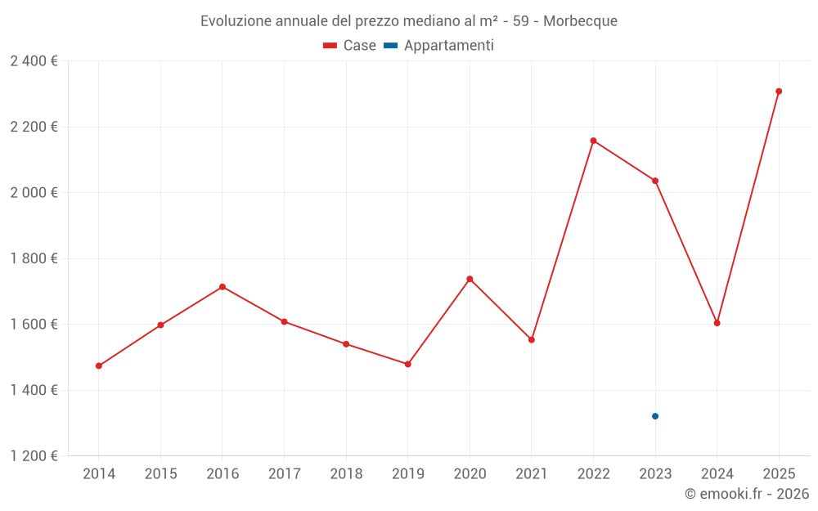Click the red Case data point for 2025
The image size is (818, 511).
pyautogui.click(x=779, y=92)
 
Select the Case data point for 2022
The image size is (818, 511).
pyautogui.click(x=593, y=141)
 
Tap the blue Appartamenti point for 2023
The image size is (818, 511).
pyautogui.click(x=655, y=416)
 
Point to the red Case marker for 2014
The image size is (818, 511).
pyautogui.click(x=99, y=365)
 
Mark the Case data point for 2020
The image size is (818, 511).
pyautogui.click(x=470, y=279)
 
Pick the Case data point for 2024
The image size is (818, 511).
pyautogui.click(x=717, y=323)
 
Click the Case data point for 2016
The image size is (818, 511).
pyautogui.click(x=222, y=287)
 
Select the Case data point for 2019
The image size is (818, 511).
pyautogui.click(x=408, y=364)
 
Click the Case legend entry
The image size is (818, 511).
pyautogui.click(x=350, y=46)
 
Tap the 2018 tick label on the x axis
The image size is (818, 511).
pyautogui.click(x=346, y=473)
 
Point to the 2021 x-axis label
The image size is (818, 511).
pyautogui.click(x=532, y=473)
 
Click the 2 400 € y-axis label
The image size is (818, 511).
pyautogui.click(x=34, y=61)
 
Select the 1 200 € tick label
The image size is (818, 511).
pyautogui.click(x=34, y=456)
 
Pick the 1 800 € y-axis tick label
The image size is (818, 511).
pyautogui.click(x=34, y=258)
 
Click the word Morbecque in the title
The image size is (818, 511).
pyautogui.click(x=580, y=21)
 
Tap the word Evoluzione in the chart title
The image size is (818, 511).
pyautogui.click(x=236, y=21)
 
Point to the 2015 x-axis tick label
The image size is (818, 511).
pyautogui.click(x=160, y=473)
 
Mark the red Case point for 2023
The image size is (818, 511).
pyautogui.click(x=655, y=181)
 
